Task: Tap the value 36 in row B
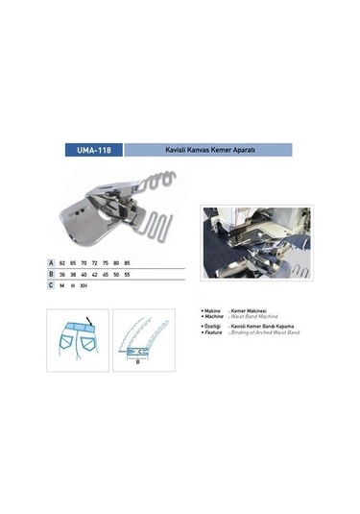[62, 275]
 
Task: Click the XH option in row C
[84, 286]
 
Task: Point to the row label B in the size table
[51, 275]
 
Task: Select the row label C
[51, 286]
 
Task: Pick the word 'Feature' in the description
[216, 333]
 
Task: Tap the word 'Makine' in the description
[215, 313]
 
